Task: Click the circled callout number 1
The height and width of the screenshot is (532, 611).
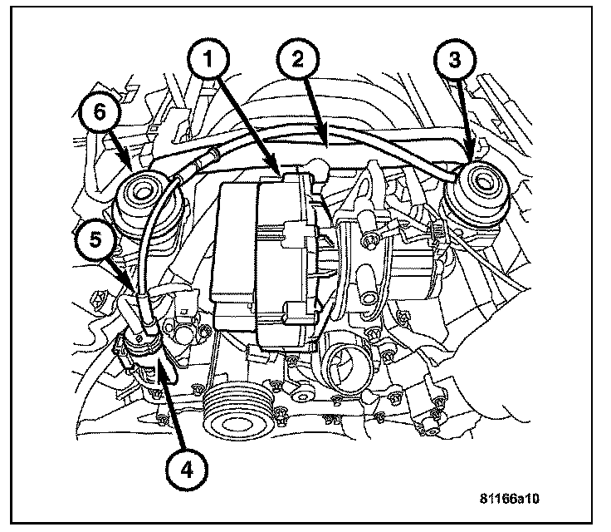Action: [211, 60]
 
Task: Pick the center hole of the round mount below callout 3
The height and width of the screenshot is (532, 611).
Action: [480, 185]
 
